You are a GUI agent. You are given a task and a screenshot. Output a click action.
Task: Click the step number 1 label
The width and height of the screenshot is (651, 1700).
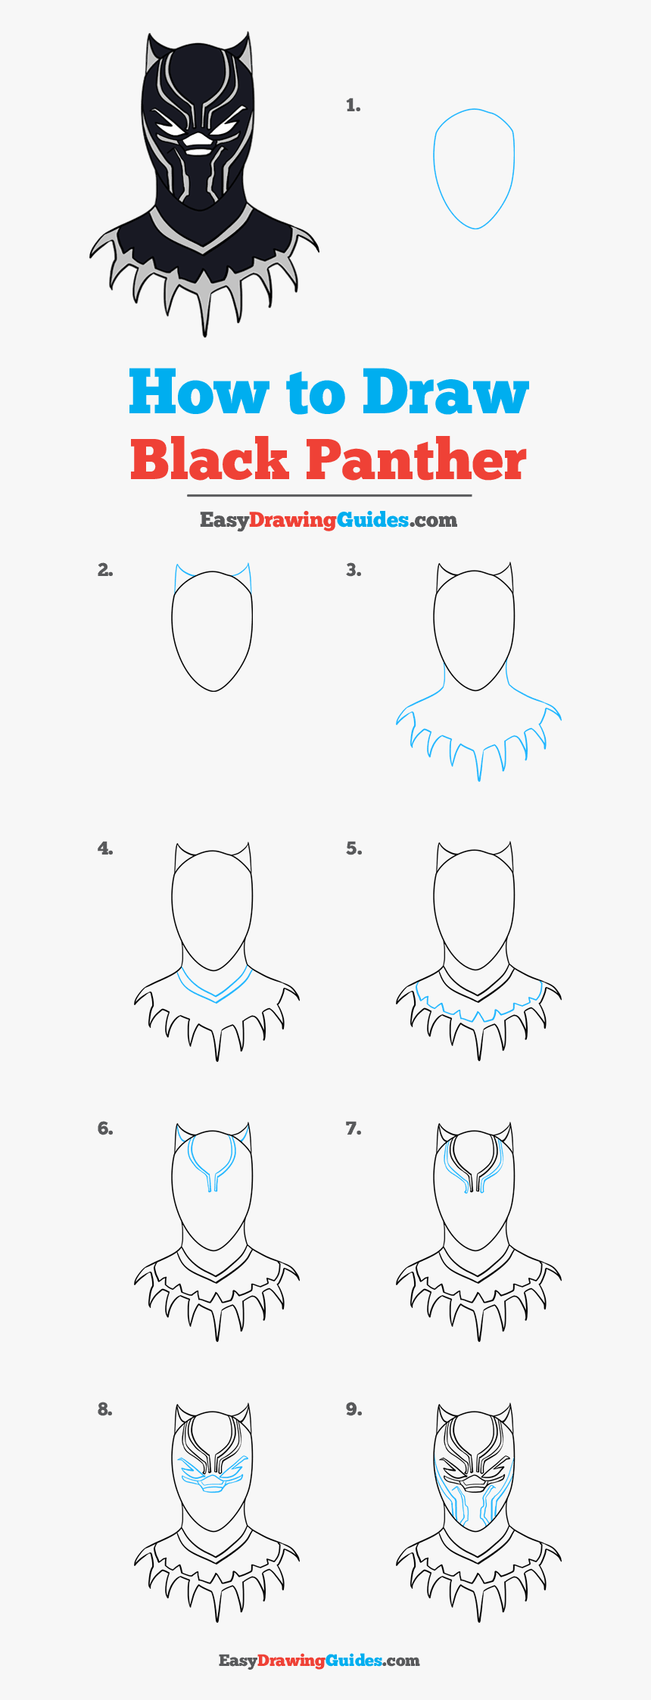[353, 106]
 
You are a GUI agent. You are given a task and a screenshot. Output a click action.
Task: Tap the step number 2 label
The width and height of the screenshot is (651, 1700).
[105, 571]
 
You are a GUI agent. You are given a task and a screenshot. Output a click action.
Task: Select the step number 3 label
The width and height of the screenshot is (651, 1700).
[354, 571]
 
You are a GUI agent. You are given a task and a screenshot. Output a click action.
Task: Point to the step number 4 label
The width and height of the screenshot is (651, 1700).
[105, 849]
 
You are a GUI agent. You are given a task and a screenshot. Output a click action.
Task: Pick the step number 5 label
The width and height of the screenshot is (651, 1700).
[354, 849]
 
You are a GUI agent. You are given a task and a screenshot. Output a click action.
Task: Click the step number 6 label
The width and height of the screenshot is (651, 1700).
[105, 1129]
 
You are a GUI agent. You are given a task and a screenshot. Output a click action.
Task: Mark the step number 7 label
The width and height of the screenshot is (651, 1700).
[354, 1129]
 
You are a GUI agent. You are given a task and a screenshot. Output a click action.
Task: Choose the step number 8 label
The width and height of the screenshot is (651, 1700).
[105, 1409]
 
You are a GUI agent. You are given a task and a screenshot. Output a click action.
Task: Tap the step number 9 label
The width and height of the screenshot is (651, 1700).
[354, 1409]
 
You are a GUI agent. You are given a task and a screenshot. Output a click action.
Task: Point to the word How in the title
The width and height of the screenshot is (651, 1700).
[198, 392]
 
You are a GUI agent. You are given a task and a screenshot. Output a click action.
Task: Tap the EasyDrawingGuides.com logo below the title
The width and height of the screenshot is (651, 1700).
[328, 520]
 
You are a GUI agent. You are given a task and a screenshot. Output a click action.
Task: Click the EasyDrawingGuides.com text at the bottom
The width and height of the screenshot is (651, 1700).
[319, 1660]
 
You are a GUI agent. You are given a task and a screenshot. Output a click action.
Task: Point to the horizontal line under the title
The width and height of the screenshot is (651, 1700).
[329, 496]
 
